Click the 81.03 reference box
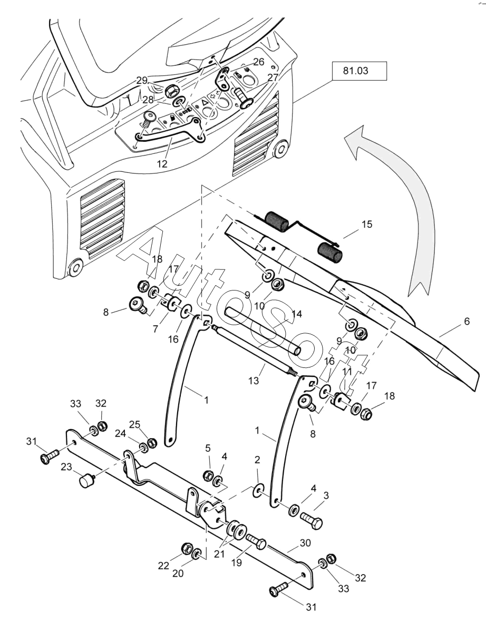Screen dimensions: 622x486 pos(359,71)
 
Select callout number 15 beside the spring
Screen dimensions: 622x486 pos(367,224)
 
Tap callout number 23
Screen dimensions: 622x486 pos(66,466)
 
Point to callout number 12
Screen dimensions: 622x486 pos(162,164)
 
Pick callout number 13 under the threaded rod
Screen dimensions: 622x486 pos(254,380)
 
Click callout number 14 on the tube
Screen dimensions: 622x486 pos(296,314)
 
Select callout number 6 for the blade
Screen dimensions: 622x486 pos(466,321)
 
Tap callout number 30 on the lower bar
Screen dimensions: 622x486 pos(305,542)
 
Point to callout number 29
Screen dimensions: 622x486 pos(142,80)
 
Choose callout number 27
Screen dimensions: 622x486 pos(273,77)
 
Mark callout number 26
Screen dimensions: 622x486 pos(258,62)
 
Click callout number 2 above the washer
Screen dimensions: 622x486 pos(257,460)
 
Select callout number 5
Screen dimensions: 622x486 pos(208,449)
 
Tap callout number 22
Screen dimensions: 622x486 pos(164,566)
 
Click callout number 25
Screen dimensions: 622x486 pos(135,424)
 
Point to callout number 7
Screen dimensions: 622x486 pos(155,329)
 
